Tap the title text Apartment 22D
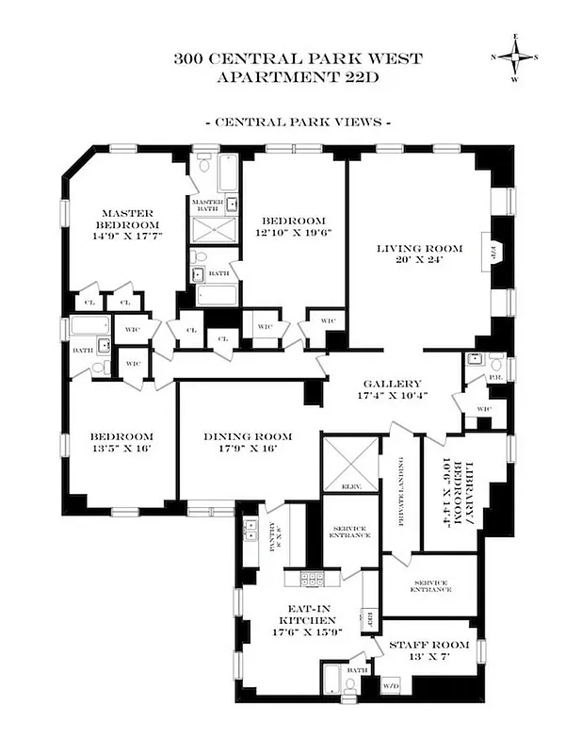click(x=298, y=76)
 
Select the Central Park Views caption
click(x=298, y=123)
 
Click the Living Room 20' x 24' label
click(x=420, y=255)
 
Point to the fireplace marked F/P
click(x=496, y=253)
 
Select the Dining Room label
click(x=250, y=443)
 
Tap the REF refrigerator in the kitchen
click(x=370, y=618)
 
